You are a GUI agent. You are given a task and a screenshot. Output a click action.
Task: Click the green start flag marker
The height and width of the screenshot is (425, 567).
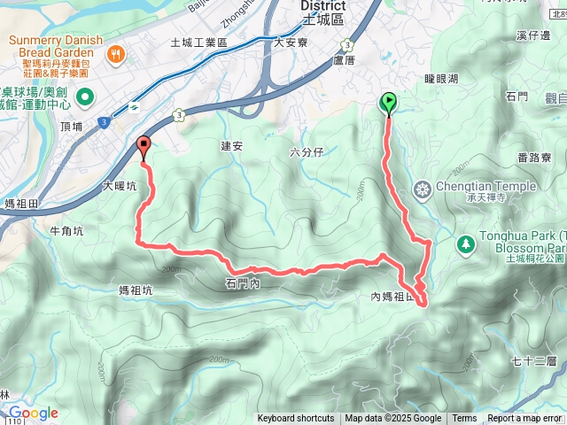click(x=388, y=104)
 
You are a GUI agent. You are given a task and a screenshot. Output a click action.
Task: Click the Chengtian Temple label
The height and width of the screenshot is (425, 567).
click(x=485, y=187)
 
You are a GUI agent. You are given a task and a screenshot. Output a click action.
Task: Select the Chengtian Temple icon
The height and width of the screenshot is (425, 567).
click(x=422, y=188)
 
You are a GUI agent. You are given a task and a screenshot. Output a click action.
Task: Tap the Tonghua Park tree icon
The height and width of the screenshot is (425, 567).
click(x=465, y=243)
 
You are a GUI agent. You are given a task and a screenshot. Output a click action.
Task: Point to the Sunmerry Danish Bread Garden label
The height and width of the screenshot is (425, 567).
click(x=56, y=47)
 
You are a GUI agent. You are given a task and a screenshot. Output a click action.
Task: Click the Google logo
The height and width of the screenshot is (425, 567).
click(x=32, y=413)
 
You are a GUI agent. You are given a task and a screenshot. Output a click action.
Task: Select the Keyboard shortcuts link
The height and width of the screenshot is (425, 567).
click(x=296, y=419)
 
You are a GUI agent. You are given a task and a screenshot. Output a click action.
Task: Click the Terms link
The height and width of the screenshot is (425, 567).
click(x=464, y=419)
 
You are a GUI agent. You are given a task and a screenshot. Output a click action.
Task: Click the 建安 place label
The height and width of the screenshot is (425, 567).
click(x=232, y=146)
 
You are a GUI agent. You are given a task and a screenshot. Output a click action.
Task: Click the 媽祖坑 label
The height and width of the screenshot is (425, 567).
click(x=135, y=290)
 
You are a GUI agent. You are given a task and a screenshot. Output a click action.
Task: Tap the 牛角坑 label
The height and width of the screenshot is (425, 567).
click(x=66, y=231)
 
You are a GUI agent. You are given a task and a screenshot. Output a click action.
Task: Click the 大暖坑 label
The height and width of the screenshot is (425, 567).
click(x=120, y=187)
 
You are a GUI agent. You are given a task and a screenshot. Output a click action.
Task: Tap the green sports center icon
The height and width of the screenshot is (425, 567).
click(x=84, y=97)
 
